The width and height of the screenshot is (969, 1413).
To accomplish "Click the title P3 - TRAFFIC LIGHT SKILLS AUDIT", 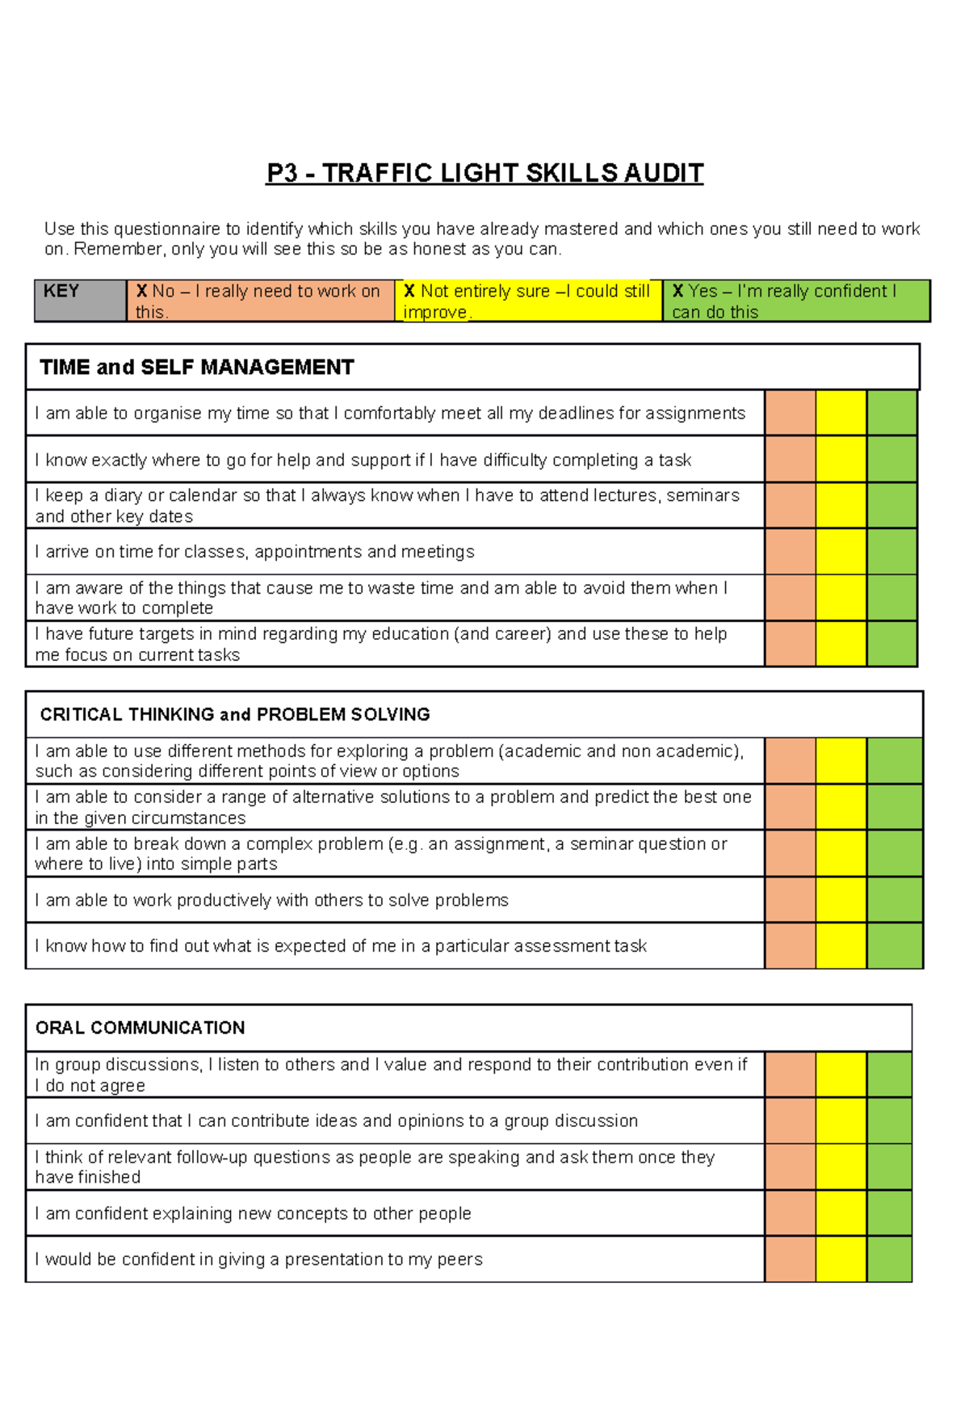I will coord(484,173).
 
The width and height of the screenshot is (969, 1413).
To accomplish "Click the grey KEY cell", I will coord(80,301).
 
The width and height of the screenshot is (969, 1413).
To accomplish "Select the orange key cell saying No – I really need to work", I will coord(260,301).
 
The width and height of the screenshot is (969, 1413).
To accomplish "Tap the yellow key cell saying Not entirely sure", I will coord(528,301).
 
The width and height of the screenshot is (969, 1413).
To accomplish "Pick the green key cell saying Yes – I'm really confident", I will coord(795,301).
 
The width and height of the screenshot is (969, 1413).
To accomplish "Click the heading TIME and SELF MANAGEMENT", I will coord(197,368).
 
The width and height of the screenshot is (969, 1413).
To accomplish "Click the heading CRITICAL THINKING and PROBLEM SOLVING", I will coord(235,714).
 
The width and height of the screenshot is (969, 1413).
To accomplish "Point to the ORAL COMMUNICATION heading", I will coord(141,1028).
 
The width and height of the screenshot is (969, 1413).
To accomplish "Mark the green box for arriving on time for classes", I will coord(891,552).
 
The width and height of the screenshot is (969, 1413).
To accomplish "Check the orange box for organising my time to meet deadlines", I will coord(790,413).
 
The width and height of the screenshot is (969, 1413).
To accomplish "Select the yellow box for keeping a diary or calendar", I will coord(841,506).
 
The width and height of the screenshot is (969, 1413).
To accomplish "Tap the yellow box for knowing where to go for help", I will coord(841,460).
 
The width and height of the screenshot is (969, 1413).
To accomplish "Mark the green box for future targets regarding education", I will coord(891,644).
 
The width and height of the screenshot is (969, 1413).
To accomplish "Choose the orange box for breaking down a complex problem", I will coord(790,853).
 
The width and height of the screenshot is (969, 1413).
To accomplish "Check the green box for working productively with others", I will coord(895,900).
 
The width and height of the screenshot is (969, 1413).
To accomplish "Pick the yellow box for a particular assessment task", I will coord(841,946).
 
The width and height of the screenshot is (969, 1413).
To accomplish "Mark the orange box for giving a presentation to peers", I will coord(790,1260).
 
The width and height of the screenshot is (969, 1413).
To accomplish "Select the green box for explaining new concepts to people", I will coord(889,1213).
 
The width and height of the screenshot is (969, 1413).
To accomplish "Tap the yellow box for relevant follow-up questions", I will coord(841,1167).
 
